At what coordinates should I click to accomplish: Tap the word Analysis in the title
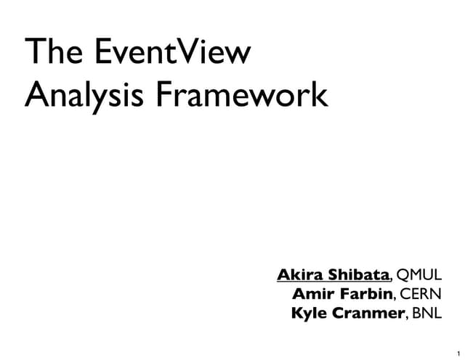point(78,97)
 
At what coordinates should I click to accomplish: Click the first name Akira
point(299,275)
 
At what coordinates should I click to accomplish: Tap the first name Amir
point(311,295)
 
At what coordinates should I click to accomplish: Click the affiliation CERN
point(421,295)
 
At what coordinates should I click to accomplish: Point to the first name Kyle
point(309,314)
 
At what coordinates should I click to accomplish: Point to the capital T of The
point(33,56)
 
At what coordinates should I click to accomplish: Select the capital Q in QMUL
point(406,275)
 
